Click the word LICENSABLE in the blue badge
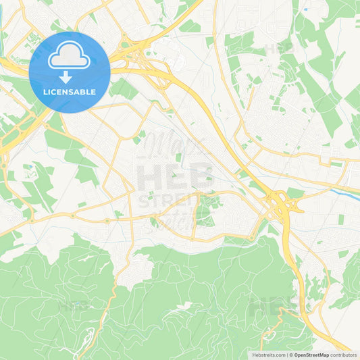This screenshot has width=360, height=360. point(70,91)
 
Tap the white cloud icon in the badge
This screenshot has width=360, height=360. point(70,57)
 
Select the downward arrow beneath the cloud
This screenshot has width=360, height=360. point(66,76)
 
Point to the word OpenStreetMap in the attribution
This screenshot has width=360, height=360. point(311,355)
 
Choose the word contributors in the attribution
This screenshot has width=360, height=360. point(344,355)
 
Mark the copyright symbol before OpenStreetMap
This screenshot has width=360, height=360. point(292,355)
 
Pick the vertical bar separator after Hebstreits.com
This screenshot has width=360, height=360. point(287,355)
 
